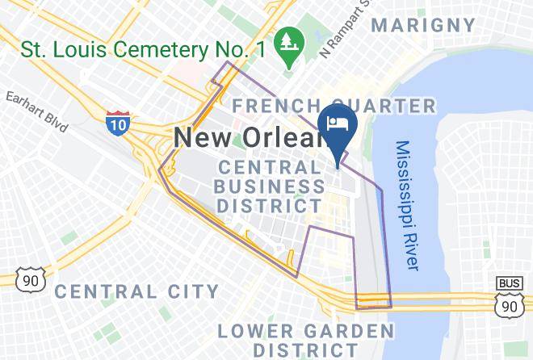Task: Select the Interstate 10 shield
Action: [116, 123]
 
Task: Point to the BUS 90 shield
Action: [508, 298]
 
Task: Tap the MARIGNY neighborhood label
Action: [424, 25]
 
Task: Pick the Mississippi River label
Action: [407, 206]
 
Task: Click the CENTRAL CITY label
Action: [136, 291]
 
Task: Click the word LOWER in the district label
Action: [255, 331]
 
